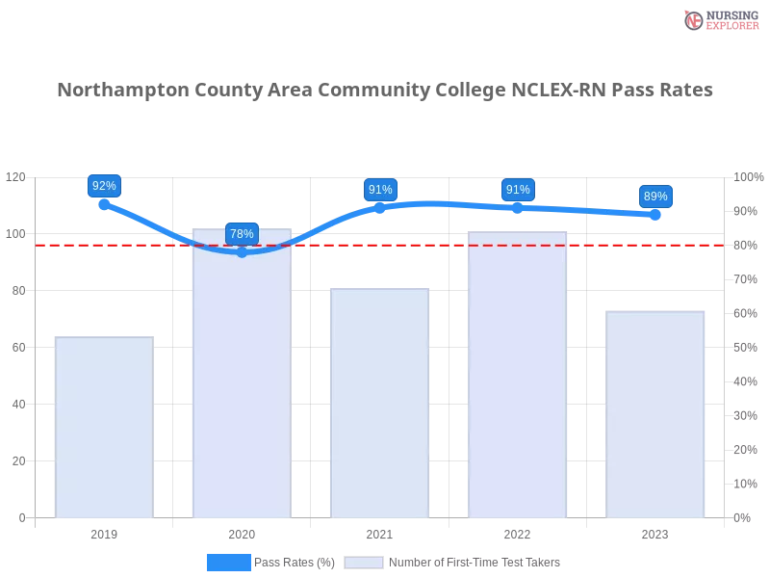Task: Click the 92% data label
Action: tap(103, 186)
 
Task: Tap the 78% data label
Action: tap(242, 234)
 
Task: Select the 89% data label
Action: tap(655, 197)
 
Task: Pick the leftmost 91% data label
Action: tap(380, 190)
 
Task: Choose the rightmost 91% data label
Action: tap(518, 190)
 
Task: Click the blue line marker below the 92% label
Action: tap(103, 204)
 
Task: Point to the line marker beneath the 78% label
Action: tap(242, 252)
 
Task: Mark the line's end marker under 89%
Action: tap(655, 215)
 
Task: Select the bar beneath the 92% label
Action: tap(104, 429)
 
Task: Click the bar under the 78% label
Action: tap(242, 385)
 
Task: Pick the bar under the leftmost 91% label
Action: tap(378, 405)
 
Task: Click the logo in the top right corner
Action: tap(719, 19)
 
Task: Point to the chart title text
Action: tap(385, 91)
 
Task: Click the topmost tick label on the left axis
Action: tap(17, 177)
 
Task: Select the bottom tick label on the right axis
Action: tap(743, 516)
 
